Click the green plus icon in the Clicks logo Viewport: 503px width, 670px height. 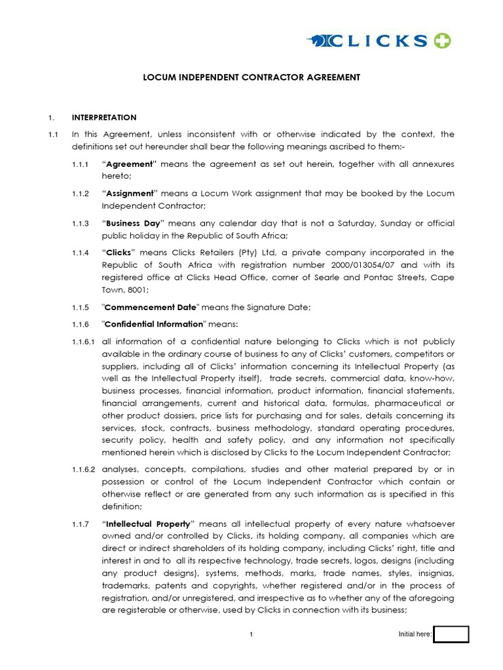441,41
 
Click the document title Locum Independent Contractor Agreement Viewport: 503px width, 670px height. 251,77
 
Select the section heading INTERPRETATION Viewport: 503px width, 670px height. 104,118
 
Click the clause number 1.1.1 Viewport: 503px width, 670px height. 81,164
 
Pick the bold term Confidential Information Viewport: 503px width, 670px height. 153,325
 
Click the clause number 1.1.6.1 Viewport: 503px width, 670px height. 84,342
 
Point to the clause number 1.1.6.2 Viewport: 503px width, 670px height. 84,469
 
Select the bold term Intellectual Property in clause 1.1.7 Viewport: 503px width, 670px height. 148,524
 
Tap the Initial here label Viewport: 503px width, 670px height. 415,635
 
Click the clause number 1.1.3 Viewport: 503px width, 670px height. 81,224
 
